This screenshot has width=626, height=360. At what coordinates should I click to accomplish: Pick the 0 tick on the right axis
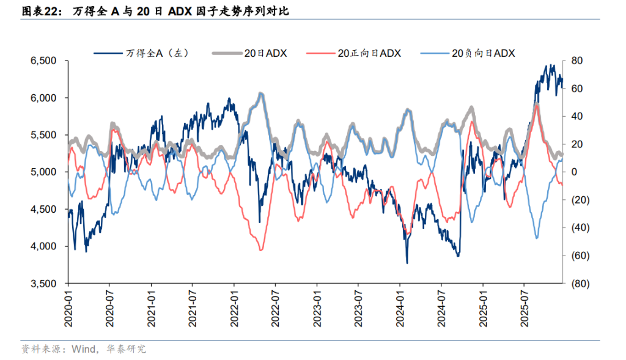pyautogui.click(x=575, y=172)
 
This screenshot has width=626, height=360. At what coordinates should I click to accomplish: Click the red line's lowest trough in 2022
pyautogui.click(x=262, y=250)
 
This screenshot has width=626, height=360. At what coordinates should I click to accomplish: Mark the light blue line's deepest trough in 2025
pyautogui.click(x=537, y=238)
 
